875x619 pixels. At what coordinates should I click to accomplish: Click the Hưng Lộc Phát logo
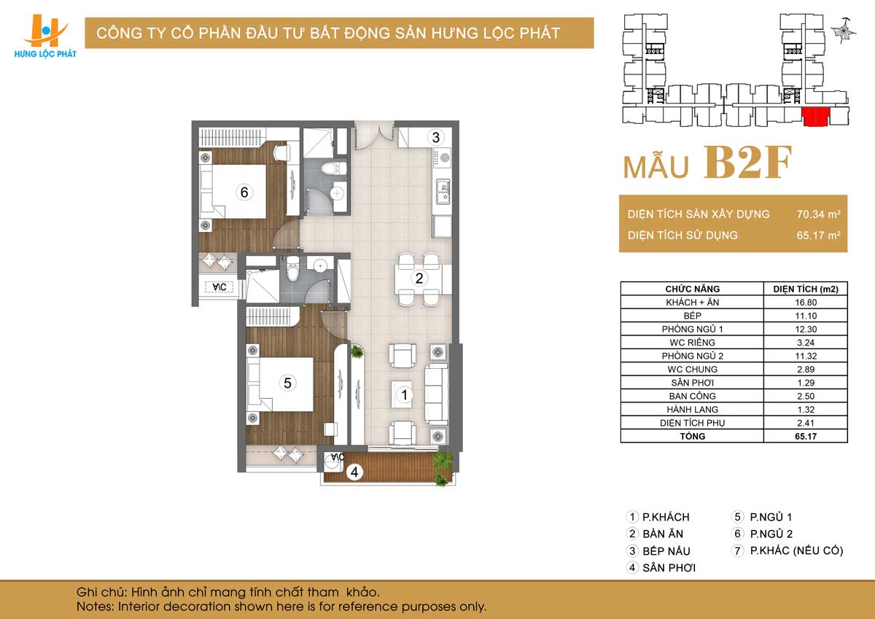pyautogui.click(x=45, y=36)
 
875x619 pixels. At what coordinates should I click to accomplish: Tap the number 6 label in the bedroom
pyautogui.click(x=244, y=192)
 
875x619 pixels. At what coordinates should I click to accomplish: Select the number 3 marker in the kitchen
pyautogui.click(x=435, y=138)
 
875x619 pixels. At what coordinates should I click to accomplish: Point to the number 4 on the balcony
pyautogui.click(x=354, y=472)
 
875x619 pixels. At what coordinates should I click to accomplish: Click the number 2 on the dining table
pyautogui.click(x=419, y=279)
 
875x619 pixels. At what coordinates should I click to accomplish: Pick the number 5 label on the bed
pyautogui.click(x=287, y=383)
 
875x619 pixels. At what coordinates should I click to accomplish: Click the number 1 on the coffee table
pyautogui.click(x=404, y=395)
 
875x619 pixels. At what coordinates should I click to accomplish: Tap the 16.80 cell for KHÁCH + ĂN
pyautogui.click(x=806, y=303)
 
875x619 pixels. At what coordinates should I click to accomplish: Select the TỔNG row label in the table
pyautogui.click(x=692, y=436)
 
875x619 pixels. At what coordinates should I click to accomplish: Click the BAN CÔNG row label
pyautogui.click(x=692, y=396)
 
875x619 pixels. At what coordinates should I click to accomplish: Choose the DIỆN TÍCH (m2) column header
pyautogui.click(x=806, y=289)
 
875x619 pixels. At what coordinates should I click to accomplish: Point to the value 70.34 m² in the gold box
pyautogui.click(x=819, y=214)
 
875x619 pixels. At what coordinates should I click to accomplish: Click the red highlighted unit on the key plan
pyautogui.click(x=815, y=117)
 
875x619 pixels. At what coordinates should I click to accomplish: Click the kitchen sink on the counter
pyautogui.click(x=443, y=192)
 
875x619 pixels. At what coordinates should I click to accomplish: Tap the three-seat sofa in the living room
pyautogui.click(x=437, y=394)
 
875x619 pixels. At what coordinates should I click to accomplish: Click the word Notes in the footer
pyautogui.click(x=95, y=607)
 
